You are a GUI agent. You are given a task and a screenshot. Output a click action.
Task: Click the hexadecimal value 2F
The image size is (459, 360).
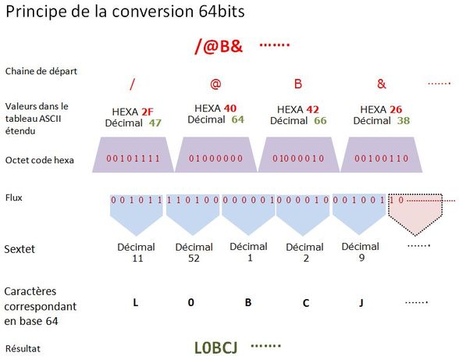pos(148,112)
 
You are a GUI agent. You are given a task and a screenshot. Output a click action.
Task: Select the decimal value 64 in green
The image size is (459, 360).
pos(237,119)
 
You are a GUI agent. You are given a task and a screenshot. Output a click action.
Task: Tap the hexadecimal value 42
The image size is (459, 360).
pos(312,109)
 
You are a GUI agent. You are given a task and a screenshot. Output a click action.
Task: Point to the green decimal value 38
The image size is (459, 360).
pos(404,120)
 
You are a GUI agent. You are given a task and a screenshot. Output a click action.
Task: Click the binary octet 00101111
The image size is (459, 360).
pos(133,159)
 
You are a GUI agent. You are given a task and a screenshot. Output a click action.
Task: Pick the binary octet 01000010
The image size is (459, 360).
pos(298,159)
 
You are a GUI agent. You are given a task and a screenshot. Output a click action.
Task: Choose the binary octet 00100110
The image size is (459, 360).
pos(381,159)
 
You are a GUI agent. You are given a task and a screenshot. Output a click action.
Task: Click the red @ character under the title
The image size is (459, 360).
pos(215,84)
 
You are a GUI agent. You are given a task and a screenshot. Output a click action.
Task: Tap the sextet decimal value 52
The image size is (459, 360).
pos(194,258)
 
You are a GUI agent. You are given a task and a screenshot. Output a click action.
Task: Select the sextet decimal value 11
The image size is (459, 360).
pos(137,258)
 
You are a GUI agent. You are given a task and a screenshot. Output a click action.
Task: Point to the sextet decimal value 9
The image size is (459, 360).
pos(362,258)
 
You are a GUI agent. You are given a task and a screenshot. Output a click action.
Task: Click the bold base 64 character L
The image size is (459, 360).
pos(135,302)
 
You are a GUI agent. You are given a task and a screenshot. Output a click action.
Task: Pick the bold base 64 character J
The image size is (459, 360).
pos(361,302)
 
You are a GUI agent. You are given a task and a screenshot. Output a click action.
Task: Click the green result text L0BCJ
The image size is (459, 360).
pos(215,348)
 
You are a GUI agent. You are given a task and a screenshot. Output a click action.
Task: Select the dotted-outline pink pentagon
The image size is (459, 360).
pos(415,214)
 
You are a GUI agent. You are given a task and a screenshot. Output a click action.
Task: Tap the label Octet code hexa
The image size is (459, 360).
pos(40,160)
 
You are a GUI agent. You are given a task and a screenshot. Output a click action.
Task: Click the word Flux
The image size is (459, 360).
pos(14,198)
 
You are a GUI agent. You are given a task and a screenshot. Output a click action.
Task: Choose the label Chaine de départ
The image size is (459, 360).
pos(41,71)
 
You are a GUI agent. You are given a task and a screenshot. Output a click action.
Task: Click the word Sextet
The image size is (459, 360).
pos(20,249)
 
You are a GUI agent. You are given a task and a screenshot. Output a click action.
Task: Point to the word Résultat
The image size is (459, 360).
pos(23,348)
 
